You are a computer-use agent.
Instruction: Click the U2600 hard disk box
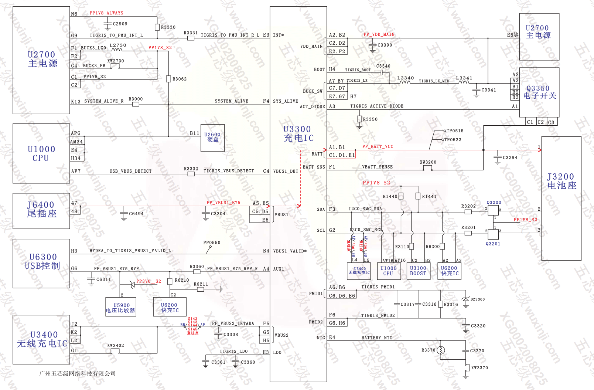tap(212, 138)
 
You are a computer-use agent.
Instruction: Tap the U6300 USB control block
tap(41, 263)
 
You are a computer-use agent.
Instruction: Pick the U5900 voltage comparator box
tap(121, 307)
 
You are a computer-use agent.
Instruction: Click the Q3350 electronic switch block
tap(539, 92)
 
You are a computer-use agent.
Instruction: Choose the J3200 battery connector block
tap(561, 198)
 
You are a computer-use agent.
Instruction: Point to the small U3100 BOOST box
tap(418, 271)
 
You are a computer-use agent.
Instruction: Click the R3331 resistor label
tap(191, 33)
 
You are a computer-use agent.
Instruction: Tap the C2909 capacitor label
tap(120, 24)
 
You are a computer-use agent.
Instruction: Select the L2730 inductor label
tap(118, 45)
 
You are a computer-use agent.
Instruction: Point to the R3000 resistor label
tap(136, 99)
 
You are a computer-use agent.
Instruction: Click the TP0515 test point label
tap(455, 131)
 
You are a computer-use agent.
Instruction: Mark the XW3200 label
tap(428, 162)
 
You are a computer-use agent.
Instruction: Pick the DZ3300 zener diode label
tap(477, 299)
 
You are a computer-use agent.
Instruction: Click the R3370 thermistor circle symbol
tap(441, 350)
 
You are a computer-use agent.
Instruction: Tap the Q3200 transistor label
tap(494, 203)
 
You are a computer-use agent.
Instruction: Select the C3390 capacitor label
tap(385, 45)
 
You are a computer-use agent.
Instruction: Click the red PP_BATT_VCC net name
tap(378, 147)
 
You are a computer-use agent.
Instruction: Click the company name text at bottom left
tap(77, 374)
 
